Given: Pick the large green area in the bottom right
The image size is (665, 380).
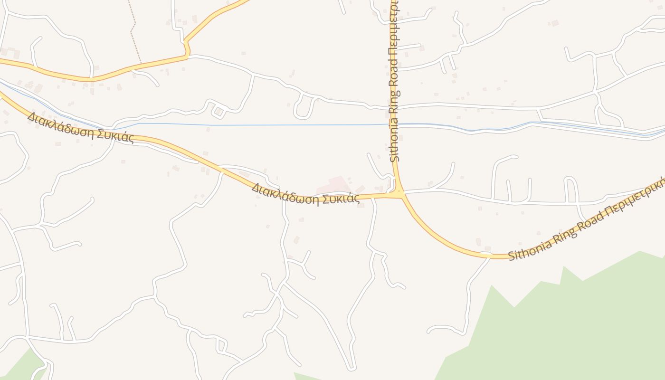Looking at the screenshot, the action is tap(570, 323).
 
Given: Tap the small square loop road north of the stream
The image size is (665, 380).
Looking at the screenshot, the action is tap(218, 112).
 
